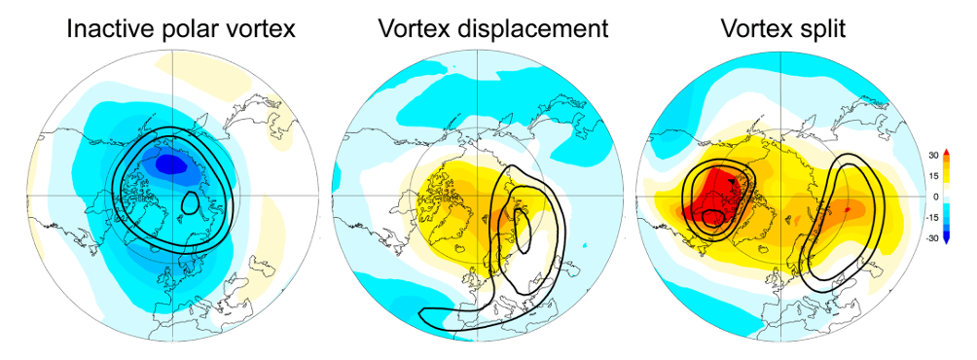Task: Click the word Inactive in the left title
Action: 107,28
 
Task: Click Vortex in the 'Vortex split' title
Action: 757,28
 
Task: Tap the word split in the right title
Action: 824,28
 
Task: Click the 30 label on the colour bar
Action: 961,156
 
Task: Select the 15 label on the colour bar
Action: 961,176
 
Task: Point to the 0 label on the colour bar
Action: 963,197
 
